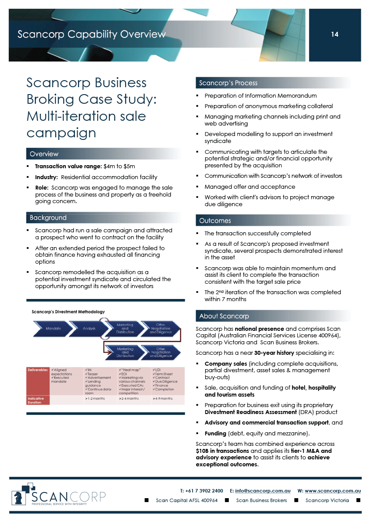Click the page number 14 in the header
point(335,34)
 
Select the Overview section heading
point(44,154)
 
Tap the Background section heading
point(48,217)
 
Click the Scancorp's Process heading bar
point(228,83)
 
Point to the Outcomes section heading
point(215,221)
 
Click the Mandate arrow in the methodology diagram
point(53,328)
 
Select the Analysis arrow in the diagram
point(89,328)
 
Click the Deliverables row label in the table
point(38,370)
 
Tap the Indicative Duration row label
point(36,401)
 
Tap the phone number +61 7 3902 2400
point(204,491)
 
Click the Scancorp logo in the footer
point(58,495)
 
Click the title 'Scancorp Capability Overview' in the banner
point(92,34)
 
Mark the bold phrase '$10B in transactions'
point(223,451)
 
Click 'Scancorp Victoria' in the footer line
point(327,500)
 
